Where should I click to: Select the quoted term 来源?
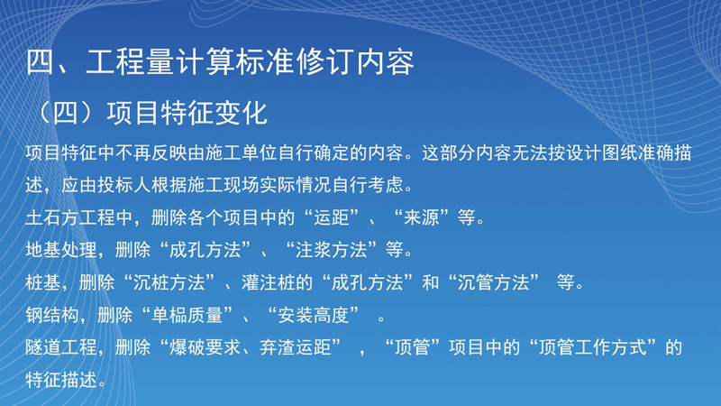422,217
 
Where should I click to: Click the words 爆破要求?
205,347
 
